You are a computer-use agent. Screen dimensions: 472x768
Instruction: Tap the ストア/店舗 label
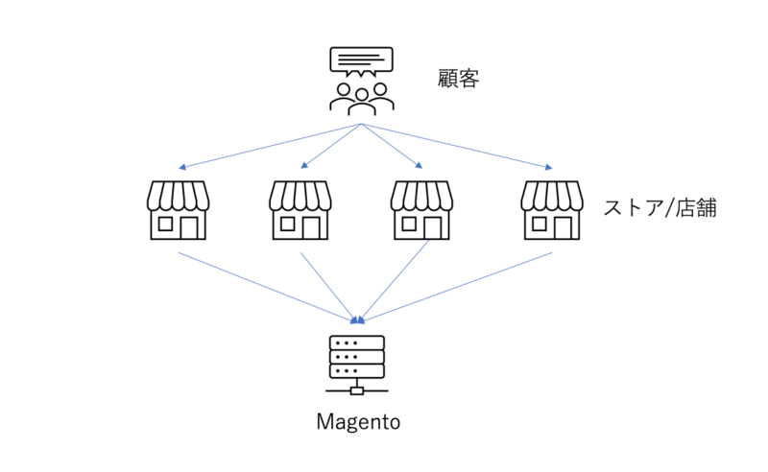click(660, 207)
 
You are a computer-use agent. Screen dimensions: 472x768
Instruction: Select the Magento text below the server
click(357, 421)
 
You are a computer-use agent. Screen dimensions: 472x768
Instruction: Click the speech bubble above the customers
click(361, 61)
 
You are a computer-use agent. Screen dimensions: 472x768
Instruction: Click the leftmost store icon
click(179, 209)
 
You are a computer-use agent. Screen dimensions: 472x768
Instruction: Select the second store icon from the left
click(301, 209)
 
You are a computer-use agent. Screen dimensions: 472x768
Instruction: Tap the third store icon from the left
click(422, 209)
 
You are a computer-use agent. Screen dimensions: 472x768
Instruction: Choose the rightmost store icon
click(551, 209)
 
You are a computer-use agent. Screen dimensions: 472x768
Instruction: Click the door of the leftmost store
click(190, 227)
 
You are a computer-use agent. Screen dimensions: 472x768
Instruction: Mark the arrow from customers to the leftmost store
click(269, 147)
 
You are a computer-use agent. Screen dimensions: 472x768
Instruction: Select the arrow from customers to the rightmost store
click(456, 147)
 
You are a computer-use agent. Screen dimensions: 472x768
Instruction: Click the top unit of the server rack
click(357, 342)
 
